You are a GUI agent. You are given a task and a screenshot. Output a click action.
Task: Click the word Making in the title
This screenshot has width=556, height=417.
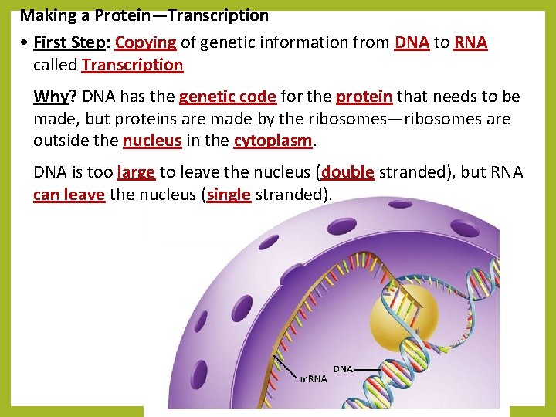[x=46, y=15]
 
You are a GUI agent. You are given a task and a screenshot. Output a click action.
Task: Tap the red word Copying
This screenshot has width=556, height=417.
[x=145, y=42]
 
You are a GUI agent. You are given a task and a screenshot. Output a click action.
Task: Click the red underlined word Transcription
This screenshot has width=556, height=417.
[x=132, y=65]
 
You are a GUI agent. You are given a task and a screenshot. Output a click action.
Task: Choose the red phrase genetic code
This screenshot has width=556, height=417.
[x=227, y=97]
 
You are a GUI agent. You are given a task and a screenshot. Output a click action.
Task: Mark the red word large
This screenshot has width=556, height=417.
[x=136, y=172]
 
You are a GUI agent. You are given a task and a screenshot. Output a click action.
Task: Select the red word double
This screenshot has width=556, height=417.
[x=347, y=172]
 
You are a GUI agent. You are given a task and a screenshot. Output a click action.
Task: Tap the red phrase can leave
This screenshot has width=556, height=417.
[x=69, y=195]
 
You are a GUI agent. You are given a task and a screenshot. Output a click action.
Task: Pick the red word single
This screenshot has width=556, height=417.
[x=229, y=195]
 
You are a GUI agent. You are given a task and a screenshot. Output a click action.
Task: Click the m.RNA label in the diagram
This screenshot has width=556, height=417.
[x=313, y=378]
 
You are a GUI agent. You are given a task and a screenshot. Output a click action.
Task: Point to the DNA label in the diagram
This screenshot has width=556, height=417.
[x=343, y=369]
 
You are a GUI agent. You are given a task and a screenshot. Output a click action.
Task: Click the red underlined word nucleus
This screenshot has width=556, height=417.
[x=152, y=141]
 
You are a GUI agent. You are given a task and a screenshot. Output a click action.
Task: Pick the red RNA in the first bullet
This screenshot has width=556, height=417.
[x=470, y=42]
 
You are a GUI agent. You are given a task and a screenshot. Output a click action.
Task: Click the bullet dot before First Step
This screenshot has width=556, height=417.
[x=25, y=43]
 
